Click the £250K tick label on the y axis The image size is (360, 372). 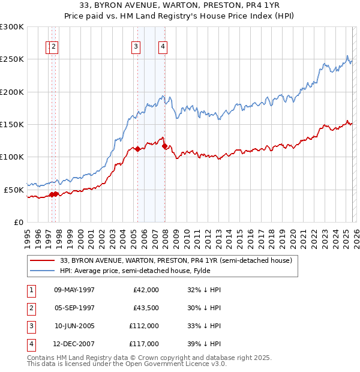(x=12, y=59)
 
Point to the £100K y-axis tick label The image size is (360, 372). (x=12, y=157)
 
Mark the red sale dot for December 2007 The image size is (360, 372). (x=164, y=146)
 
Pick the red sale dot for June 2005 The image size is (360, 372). (x=138, y=149)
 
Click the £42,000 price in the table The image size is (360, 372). (x=146, y=290)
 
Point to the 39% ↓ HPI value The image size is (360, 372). (x=205, y=344)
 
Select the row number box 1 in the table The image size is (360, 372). (x=30, y=290)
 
